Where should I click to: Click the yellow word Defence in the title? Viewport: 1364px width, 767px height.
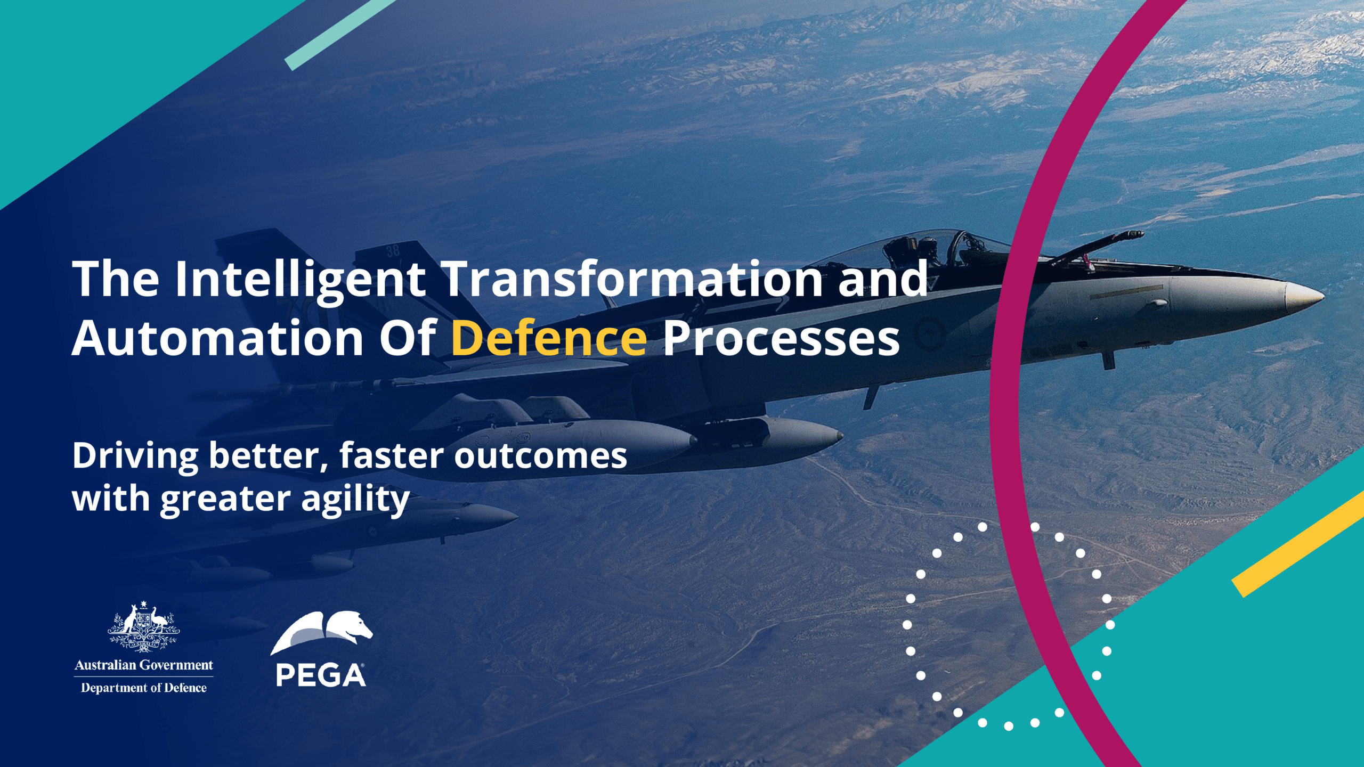tap(549, 339)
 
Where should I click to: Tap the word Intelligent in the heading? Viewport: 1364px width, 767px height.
tap(300, 280)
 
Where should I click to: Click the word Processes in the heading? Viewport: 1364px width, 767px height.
tap(781, 339)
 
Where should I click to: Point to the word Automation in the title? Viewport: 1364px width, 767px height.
tap(217, 339)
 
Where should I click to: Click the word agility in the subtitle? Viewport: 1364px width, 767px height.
tap(355, 499)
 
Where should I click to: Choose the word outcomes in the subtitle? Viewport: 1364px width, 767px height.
tap(540, 456)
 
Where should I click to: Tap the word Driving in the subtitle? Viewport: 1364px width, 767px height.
tap(135, 456)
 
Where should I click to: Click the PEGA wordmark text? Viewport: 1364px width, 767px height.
tap(321, 675)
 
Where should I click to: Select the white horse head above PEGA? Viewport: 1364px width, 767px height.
tap(352, 625)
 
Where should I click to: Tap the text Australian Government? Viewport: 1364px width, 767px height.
tap(143, 665)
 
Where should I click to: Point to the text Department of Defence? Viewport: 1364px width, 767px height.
tap(143, 688)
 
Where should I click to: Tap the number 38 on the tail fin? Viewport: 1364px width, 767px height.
tap(393, 250)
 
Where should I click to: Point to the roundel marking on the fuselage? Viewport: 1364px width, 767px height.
tap(930, 333)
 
